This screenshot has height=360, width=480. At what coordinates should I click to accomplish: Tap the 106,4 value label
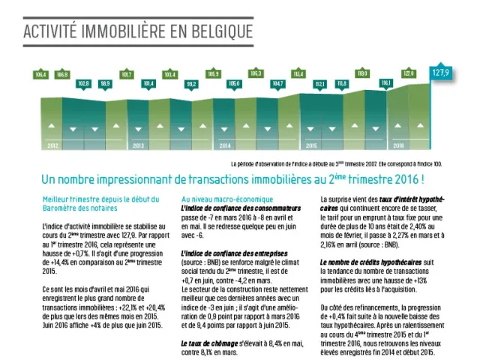(x=40, y=74)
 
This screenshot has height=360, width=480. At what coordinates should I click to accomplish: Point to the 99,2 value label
(x=191, y=83)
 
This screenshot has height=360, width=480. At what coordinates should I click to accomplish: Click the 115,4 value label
(x=299, y=74)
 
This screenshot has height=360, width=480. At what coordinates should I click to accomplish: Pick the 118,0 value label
(x=364, y=74)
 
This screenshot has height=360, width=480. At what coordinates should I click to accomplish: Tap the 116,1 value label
(x=386, y=82)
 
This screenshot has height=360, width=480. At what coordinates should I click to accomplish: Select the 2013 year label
(x=138, y=145)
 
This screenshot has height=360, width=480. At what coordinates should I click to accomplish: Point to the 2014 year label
(x=224, y=145)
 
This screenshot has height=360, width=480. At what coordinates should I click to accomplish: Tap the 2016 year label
(x=398, y=145)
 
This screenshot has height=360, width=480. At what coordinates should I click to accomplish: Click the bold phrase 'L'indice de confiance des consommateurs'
(x=233, y=207)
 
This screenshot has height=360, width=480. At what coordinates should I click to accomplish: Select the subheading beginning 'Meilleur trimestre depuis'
(x=101, y=199)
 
